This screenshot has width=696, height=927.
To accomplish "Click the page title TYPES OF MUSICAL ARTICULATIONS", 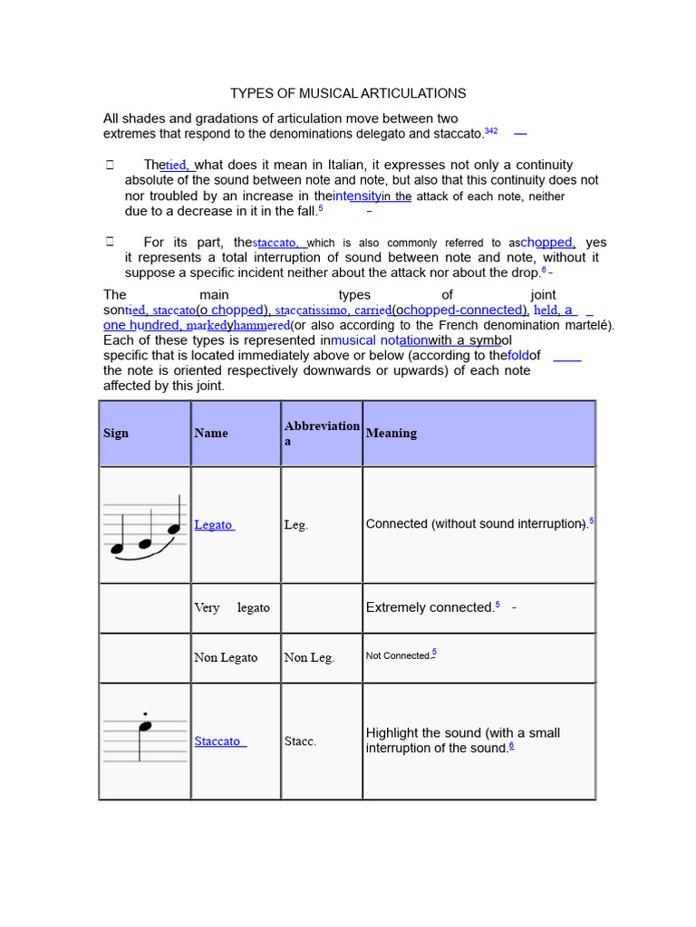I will tap(348, 93).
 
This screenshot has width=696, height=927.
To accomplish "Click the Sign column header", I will tap(116, 433).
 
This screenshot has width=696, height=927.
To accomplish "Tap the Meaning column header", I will tap(391, 433).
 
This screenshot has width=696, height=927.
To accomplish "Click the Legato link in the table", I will tap(213, 525).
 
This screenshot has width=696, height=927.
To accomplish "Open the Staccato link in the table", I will tap(217, 741).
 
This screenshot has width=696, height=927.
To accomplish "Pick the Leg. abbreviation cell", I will tap(296, 525).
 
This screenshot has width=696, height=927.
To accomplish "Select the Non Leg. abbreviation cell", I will tap(309, 658).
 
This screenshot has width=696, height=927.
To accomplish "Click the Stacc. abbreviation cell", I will tap(300, 741).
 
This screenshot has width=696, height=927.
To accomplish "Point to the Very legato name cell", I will tap(232, 607).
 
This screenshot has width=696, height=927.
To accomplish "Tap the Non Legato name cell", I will tap(226, 658).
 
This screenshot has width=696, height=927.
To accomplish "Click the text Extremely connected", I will tap(430, 607).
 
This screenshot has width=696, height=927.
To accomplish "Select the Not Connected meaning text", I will tap(398, 655).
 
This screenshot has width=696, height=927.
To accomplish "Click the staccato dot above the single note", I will tap(146, 713).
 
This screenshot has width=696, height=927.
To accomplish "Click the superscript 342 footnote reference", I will tap(491, 131).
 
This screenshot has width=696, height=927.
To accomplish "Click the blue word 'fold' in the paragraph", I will tap(517, 355).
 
